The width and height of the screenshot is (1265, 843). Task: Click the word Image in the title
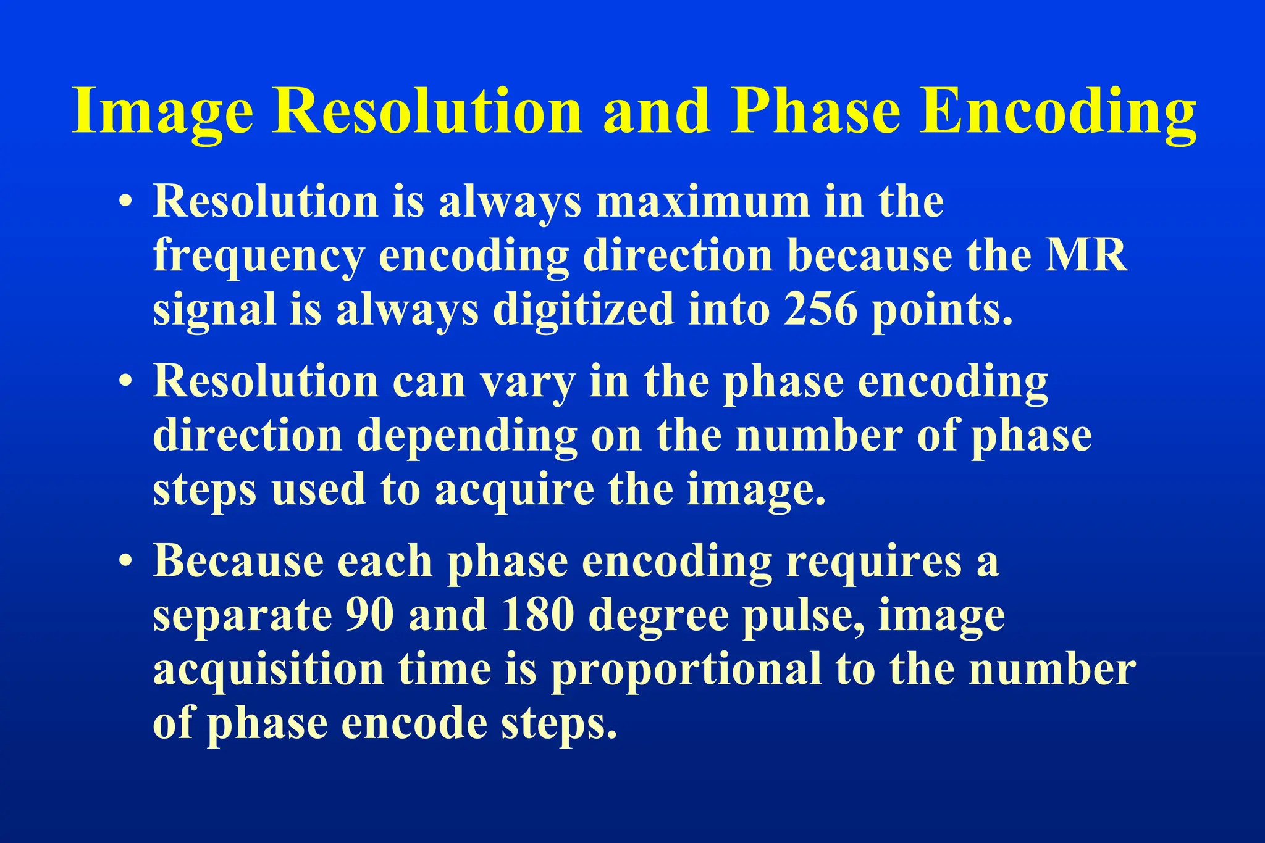[x=162, y=112]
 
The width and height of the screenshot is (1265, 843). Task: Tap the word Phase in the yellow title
[x=816, y=112]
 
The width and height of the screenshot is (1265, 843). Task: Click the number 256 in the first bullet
[x=820, y=309]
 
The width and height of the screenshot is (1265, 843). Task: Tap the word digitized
[x=583, y=309]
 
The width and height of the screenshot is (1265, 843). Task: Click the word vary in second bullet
[x=527, y=382]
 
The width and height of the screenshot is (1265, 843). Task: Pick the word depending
[x=466, y=436]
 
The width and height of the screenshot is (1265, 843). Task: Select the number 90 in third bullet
[x=369, y=615]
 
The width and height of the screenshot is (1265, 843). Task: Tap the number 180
[x=537, y=615]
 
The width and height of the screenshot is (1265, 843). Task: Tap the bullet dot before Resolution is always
[x=126, y=202]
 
